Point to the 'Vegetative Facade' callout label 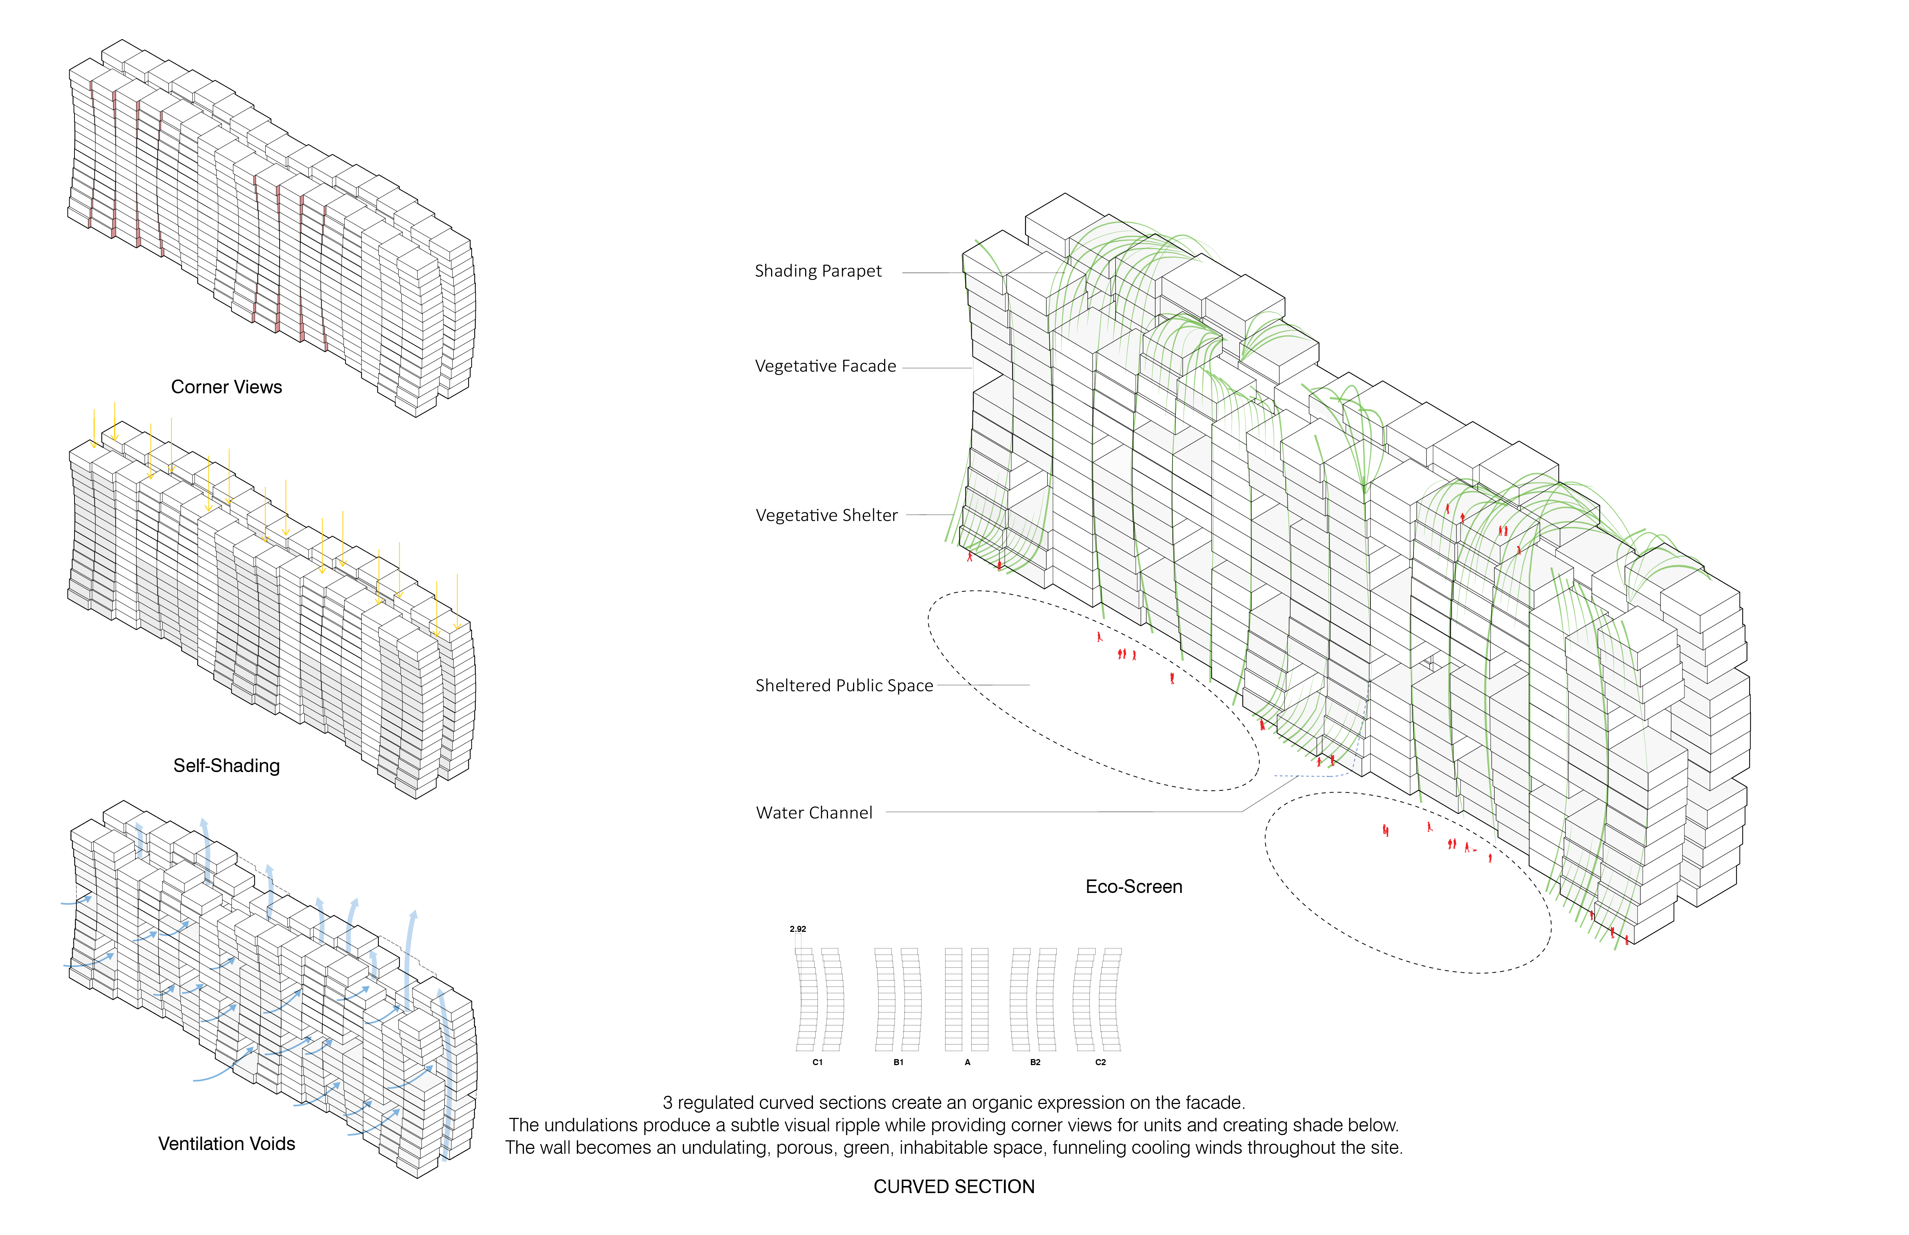(x=825, y=366)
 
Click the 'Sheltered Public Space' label (x=844, y=686)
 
